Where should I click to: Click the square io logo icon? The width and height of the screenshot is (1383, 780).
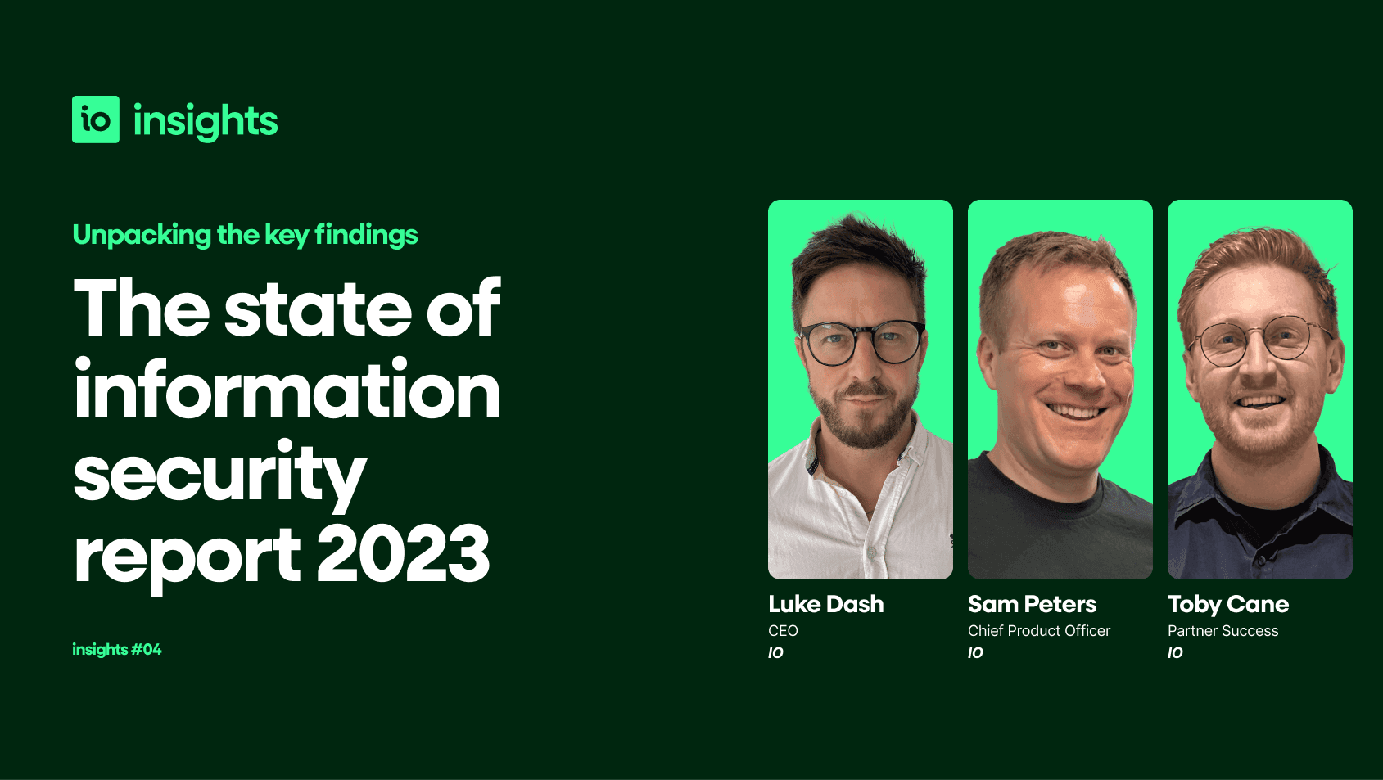pos(96,119)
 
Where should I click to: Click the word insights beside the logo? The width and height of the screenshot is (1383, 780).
pos(206,122)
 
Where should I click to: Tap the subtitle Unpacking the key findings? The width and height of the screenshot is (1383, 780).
pos(245,235)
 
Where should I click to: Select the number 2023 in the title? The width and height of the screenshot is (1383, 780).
pos(403,553)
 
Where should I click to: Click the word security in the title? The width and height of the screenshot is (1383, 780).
pos(220,475)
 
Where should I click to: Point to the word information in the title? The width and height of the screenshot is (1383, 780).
pos(287,389)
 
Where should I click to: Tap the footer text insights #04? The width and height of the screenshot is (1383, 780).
pos(117,649)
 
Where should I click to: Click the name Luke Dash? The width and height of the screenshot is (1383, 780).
pos(826,605)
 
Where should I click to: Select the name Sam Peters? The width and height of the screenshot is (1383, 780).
pos(1033,605)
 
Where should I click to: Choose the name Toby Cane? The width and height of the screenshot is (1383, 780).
pos(1228,605)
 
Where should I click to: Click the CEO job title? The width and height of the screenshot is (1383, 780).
pos(783,631)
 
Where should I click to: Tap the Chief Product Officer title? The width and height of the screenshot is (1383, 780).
pos(1039,631)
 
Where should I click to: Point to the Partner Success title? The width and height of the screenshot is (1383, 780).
pos(1223,631)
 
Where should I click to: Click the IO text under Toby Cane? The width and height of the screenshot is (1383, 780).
pos(1176,653)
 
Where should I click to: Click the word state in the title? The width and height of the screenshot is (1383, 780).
pos(318,309)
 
